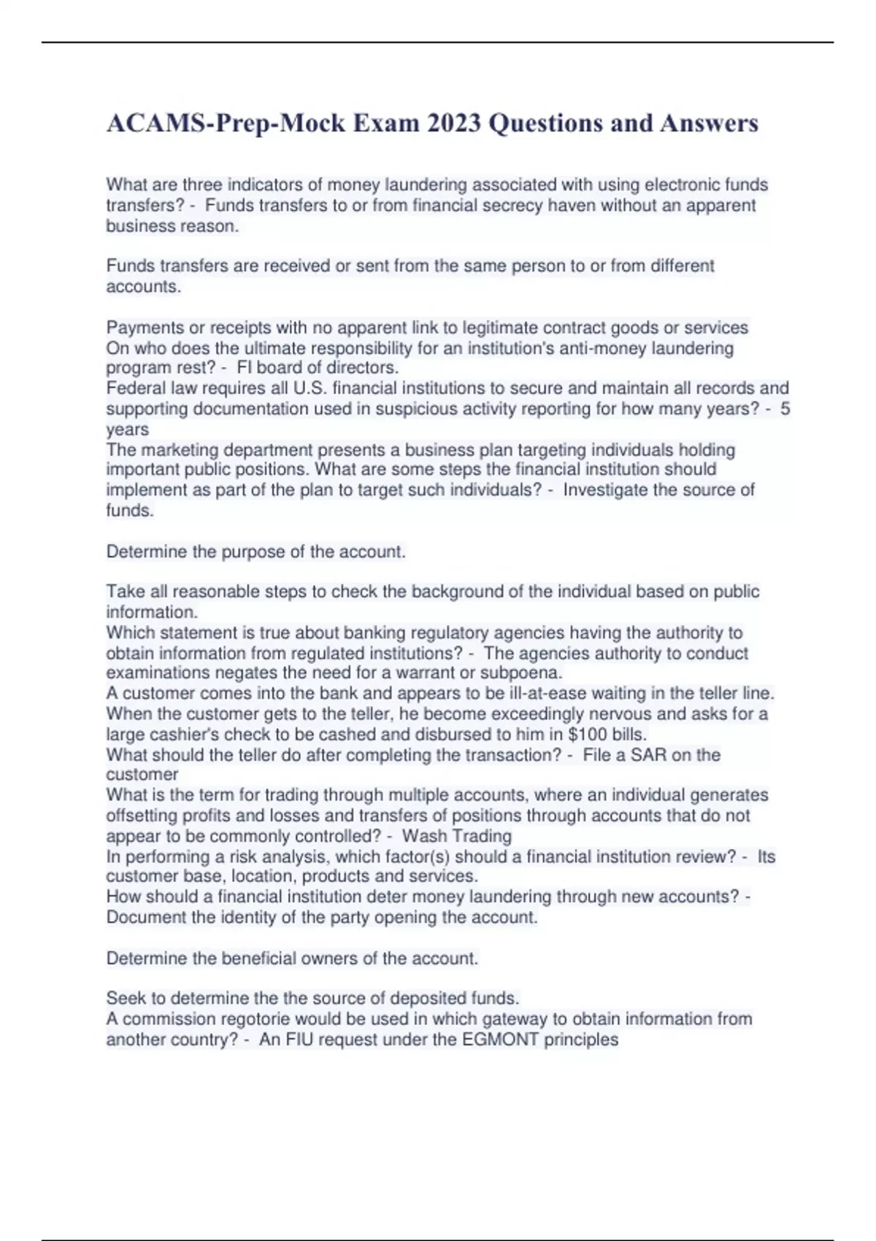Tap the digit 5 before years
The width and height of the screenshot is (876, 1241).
[785, 408]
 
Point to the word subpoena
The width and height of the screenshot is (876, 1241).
[523, 672]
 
